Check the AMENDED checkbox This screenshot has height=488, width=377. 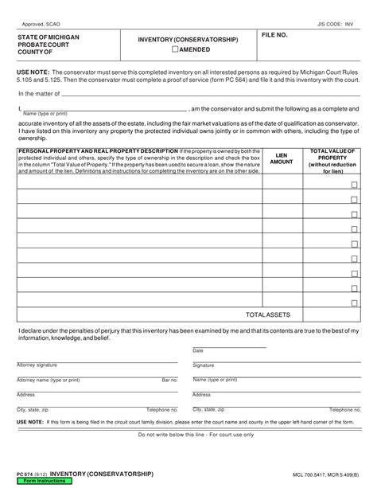176,49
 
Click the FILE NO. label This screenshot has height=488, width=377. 274,36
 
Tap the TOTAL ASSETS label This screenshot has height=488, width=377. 268,315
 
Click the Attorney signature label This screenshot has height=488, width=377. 37,365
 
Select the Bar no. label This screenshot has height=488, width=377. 169,380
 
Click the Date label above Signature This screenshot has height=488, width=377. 198,350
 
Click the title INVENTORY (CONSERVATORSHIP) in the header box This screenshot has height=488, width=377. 188,39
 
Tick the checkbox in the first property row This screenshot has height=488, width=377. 354,184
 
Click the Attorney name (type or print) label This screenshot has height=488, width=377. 48,380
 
